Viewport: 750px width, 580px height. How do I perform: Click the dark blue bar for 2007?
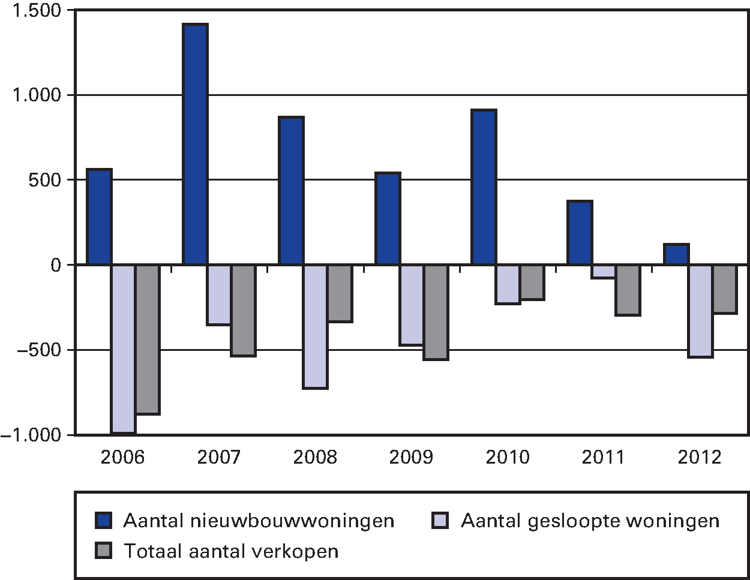pos(195,144)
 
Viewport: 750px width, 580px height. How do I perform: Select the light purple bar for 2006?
pos(123,348)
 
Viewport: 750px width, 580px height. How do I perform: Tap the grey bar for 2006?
pos(148,339)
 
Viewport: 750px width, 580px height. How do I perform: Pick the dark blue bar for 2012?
pos(676,254)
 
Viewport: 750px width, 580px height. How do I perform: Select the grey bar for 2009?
pos(436,312)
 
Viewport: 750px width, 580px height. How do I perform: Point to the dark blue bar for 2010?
pos(484,187)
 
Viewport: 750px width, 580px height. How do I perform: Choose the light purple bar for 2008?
pos(316,326)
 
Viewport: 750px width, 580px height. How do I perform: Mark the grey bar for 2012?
pos(725,289)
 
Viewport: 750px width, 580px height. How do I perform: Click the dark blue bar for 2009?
pos(388,218)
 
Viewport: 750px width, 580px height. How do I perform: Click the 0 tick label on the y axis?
pos(56,265)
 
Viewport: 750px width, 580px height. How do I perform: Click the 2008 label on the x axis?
pos(315,458)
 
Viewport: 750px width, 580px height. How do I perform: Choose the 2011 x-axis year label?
pos(604,458)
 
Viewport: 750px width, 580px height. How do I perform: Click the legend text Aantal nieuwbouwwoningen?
pos(259,521)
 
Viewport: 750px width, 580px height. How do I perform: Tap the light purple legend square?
pos(440,521)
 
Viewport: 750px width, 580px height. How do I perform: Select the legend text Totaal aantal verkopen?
pos(231,551)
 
